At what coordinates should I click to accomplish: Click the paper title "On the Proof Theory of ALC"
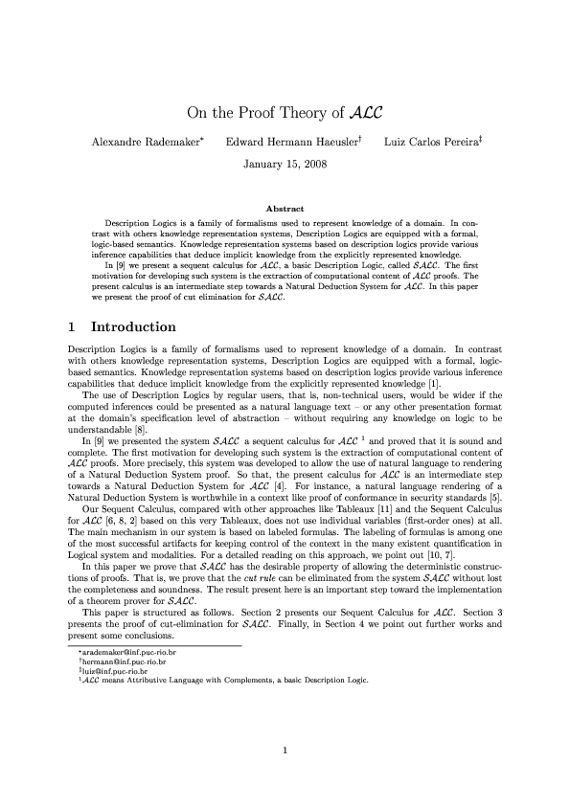tap(285, 113)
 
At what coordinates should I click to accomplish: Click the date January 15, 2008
tap(285, 165)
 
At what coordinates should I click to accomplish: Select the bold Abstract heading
tap(285, 209)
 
